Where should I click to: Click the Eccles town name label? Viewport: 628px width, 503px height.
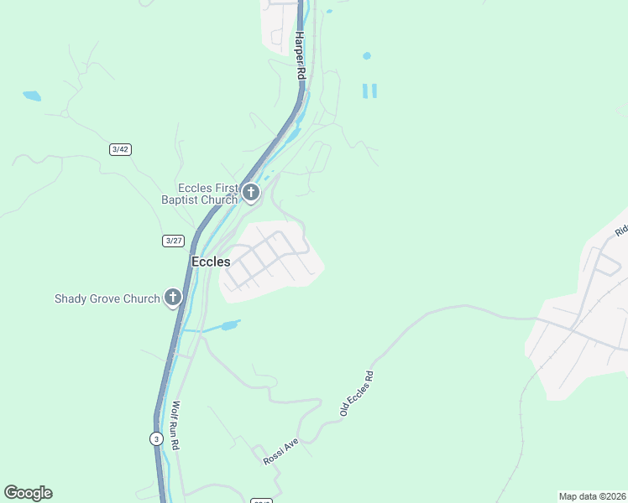tap(211, 262)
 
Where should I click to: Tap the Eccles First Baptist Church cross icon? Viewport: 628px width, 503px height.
tap(250, 194)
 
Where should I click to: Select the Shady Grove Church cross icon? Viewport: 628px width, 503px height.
tap(173, 298)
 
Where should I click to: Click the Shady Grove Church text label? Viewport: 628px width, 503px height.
tap(107, 298)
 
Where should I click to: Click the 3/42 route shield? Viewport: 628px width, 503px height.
tap(120, 149)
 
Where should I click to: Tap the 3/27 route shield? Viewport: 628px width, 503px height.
tap(173, 241)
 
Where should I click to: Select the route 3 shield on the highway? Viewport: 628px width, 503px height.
tap(156, 438)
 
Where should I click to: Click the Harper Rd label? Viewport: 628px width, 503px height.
tap(300, 57)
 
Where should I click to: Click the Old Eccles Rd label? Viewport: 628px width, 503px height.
tap(356, 394)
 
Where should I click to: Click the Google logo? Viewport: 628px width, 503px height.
tap(28, 493)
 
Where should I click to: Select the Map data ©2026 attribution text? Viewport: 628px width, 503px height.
tap(592, 495)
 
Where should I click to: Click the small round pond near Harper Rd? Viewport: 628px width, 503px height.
tap(366, 56)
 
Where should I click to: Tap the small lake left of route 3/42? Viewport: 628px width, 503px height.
tap(32, 96)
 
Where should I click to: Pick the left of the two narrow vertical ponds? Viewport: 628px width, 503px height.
tap(365, 91)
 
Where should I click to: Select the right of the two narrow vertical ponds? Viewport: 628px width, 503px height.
tap(374, 91)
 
